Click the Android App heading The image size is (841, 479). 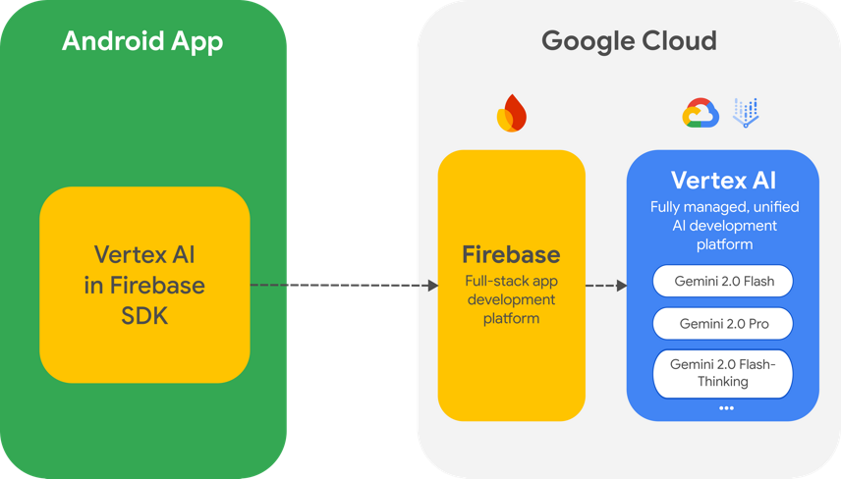pyautogui.click(x=142, y=41)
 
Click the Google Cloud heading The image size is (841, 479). pyautogui.click(x=629, y=41)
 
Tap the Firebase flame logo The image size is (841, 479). pyautogui.click(x=512, y=114)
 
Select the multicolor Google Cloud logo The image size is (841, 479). pyautogui.click(x=701, y=115)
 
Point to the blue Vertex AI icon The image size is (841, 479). pyautogui.click(x=747, y=113)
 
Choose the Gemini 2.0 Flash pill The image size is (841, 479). pyautogui.click(x=723, y=282)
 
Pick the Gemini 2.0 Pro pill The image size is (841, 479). pyautogui.click(x=723, y=323)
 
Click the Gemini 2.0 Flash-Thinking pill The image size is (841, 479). pyautogui.click(x=723, y=373)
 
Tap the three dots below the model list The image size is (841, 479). pyautogui.click(x=726, y=407)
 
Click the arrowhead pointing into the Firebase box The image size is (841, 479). pyautogui.click(x=432, y=286)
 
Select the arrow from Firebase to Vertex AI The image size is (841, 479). pyautogui.click(x=606, y=287)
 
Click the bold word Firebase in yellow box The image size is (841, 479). pyautogui.click(x=511, y=255)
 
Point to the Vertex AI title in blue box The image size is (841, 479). pyautogui.click(x=723, y=181)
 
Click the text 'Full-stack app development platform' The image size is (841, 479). pyautogui.click(x=511, y=299)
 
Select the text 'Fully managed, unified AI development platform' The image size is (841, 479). pyautogui.click(x=723, y=226)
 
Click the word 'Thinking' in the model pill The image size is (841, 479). pyautogui.click(x=723, y=381)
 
